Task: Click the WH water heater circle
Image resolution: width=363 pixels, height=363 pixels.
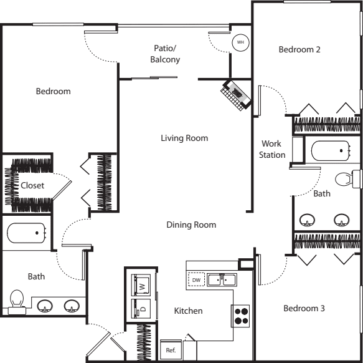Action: pos(240,42)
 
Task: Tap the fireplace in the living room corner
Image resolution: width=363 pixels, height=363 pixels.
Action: pos(236,95)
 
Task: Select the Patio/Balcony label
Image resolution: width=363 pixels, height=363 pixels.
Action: pos(165,54)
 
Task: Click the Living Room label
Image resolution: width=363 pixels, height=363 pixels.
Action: pos(184,138)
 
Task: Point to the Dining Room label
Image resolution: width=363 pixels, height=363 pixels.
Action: pos(191,225)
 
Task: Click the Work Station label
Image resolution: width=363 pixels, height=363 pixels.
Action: pos(272,149)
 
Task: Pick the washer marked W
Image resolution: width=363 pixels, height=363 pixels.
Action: pos(141,285)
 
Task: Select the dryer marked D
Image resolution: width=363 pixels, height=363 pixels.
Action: pos(141,309)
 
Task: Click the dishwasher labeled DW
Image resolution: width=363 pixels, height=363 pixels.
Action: pos(196,279)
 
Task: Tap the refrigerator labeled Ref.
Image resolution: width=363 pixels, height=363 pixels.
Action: pos(171,350)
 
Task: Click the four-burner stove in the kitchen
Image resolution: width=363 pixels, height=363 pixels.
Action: pos(241,316)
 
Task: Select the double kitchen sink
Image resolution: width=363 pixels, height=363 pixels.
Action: pos(222,279)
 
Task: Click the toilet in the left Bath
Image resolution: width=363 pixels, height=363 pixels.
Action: pos(17,301)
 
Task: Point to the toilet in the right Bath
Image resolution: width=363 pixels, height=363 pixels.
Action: pos(347,179)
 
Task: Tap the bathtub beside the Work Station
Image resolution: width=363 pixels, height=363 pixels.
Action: pos(331,151)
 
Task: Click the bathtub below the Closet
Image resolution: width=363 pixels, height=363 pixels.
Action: pos(26,233)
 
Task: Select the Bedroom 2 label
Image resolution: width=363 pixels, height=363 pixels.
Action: pos(299,49)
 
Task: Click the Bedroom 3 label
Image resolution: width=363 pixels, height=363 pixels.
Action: pos(304,308)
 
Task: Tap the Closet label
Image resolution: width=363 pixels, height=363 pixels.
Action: pos(32,185)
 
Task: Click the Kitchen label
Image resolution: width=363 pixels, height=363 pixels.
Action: pos(188,311)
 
